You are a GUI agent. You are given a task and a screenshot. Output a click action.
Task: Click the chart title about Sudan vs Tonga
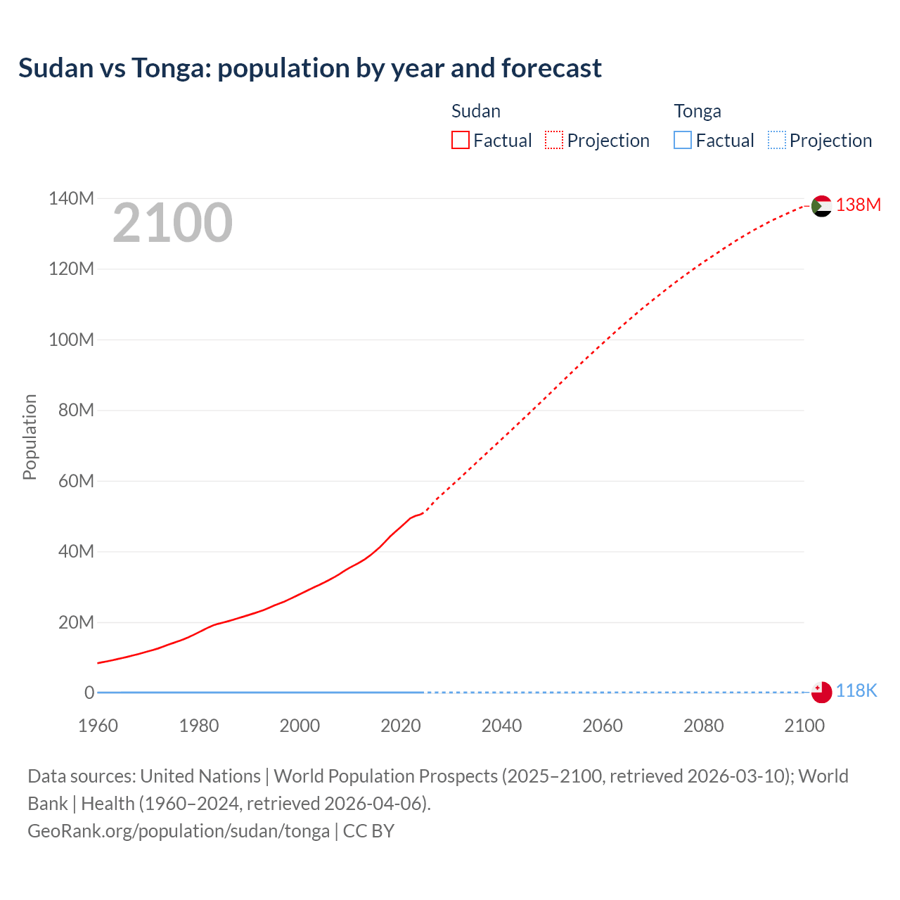(310, 68)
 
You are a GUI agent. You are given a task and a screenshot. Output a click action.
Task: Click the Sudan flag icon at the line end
(821, 206)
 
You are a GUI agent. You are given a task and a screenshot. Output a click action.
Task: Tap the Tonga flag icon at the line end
(821, 692)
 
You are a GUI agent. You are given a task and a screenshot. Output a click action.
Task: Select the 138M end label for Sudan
(858, 205)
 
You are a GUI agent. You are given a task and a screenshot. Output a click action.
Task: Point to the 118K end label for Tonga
(856, 690)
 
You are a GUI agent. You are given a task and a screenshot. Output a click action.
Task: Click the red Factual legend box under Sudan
(460, 141)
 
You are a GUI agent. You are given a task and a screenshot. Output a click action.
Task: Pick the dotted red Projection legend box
(554, 141)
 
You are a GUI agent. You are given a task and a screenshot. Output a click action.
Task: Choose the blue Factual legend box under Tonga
(682, 141)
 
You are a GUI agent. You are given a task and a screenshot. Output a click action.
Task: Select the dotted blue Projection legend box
(776, 141)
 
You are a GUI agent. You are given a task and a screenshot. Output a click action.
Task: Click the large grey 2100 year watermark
(172, 223)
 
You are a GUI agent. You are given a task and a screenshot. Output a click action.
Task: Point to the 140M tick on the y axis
(71, 198)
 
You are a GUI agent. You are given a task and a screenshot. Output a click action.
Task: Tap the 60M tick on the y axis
(76, 481)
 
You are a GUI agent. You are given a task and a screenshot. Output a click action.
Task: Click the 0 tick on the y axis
(89, 693)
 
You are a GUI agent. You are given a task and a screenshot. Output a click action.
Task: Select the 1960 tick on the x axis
(98, 726)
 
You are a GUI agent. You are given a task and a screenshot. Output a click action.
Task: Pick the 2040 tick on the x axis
(501, 726)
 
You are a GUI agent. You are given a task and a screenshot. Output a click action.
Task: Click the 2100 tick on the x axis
(804, 726)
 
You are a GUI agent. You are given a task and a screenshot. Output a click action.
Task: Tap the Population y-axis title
(30, 437)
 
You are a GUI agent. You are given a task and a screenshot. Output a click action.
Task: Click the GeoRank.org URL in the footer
(179, 831)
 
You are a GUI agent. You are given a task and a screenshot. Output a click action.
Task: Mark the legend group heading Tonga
(697, 111)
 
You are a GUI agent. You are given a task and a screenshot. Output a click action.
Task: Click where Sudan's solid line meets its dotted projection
(423, 513)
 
